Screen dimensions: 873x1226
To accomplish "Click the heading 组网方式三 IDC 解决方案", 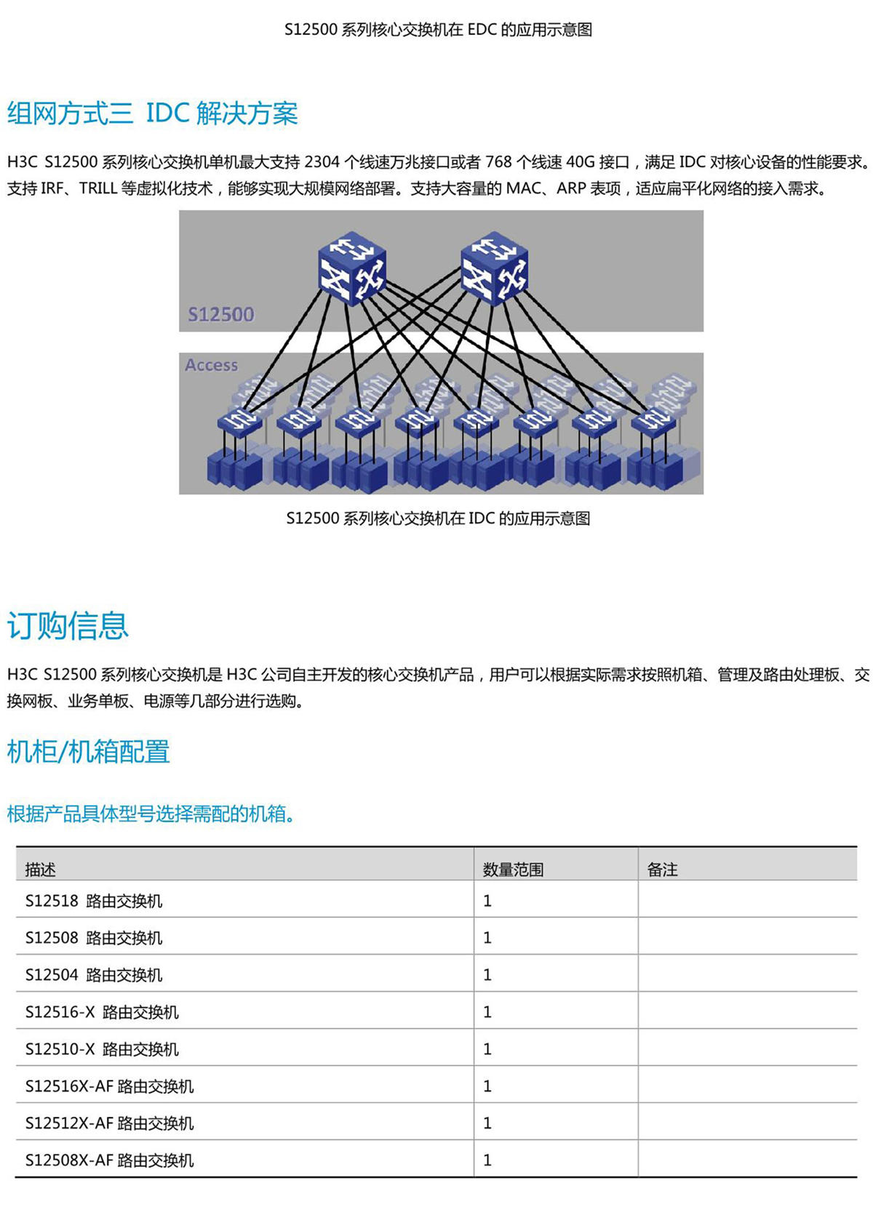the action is (x=152, y=113).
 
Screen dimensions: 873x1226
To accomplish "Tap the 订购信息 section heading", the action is (x=68, y=625).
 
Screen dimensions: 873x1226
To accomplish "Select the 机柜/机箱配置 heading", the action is (x=88, y=751).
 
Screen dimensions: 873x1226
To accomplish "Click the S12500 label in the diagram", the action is (x=220, y=314).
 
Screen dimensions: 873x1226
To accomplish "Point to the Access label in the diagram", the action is (x=212, y=364).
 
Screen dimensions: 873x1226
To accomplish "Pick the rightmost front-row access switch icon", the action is (x=653, y=422).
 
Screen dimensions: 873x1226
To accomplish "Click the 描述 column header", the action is (x=41, y=870).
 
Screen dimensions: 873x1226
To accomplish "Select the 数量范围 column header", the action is (x=513, y=870).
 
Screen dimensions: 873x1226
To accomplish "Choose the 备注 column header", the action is (x=662, y=870).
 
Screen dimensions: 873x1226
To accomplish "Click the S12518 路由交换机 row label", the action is (x=94, y=901).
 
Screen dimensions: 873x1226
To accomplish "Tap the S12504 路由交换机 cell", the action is (x=94, y=975).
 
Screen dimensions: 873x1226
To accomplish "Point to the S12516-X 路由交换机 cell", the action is (x=102, y=1012).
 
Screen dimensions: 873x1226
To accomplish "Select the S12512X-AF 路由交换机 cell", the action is (x=110, y=1123).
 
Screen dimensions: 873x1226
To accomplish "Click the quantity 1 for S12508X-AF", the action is (x=487, y=1161).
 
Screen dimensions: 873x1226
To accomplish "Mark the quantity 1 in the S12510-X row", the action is (x=487, y=1049).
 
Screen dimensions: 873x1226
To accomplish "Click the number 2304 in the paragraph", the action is (x=322, y=162).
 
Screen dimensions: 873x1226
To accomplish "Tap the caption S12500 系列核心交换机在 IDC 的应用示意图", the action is (x=438, y=518).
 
